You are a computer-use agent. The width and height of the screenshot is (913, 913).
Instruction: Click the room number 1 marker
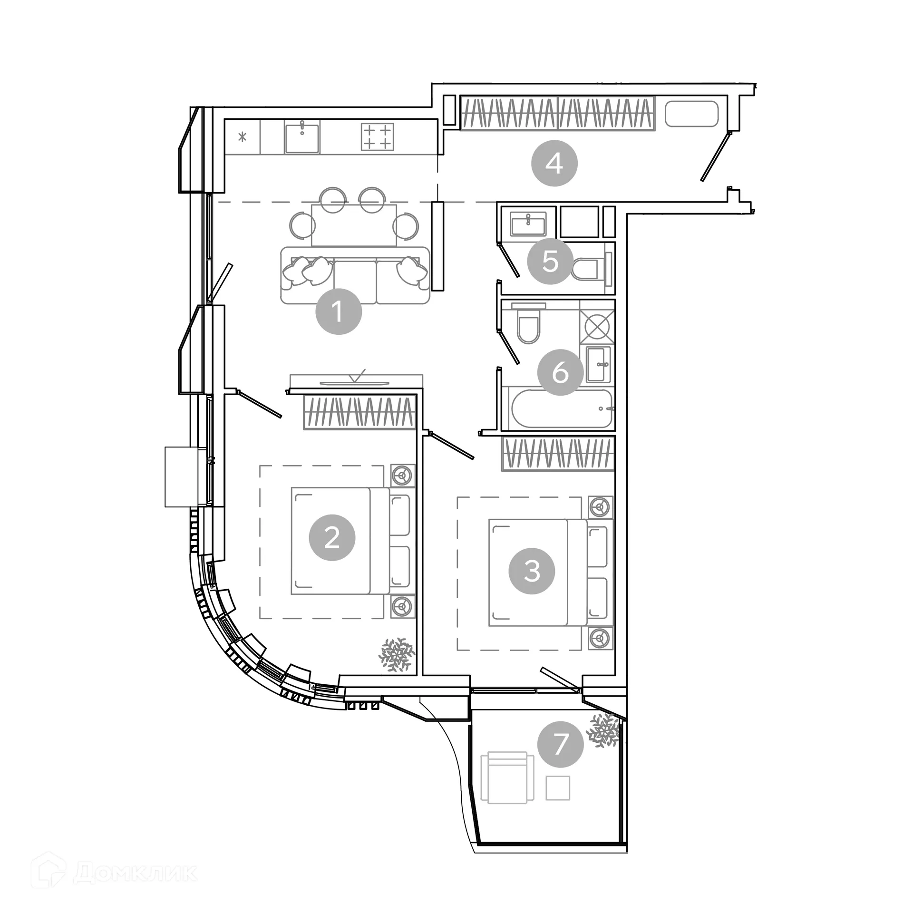[x=339, y=311]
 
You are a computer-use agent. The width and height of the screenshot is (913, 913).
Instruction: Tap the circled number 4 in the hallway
[x=554, y=164]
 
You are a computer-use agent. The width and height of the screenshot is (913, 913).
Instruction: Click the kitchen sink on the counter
[x=302, y=136]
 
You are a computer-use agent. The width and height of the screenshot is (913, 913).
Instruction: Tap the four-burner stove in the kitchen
[x=378, y=136]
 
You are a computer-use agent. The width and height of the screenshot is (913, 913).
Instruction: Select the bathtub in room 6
[x=561, y=408]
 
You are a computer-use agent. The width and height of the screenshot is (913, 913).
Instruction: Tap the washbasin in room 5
[x=528, y=224]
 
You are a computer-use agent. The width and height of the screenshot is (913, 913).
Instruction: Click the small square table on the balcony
[x=558, y=787]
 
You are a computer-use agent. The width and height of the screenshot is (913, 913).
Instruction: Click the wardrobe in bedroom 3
[x=558, y=453]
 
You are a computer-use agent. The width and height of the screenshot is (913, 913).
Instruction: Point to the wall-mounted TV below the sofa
[x=354, y=382]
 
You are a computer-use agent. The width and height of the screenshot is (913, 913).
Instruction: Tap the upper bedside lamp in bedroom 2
[x=403, y=475]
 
